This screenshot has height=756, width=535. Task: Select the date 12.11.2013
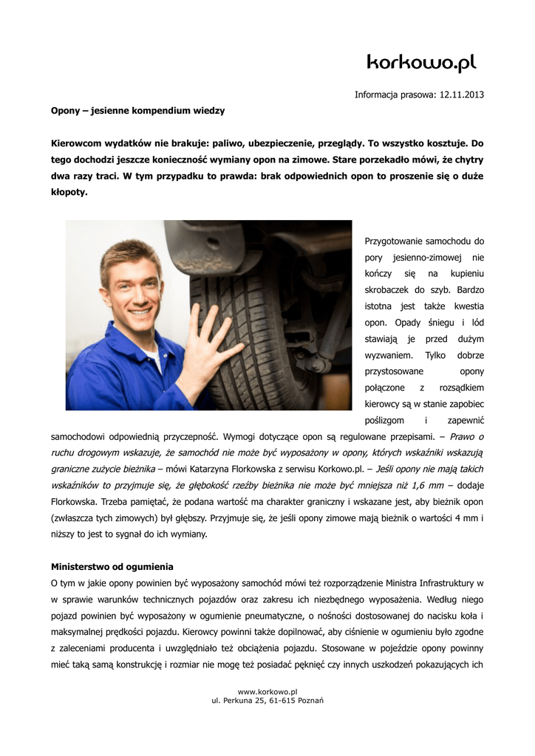(x=462, y=94)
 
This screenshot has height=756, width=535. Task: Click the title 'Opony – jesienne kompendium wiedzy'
(x=137, y=111)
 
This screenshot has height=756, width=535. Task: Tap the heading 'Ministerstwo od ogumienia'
(x=112, y=566)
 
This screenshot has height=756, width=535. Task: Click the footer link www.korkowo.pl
(x=267, y=691)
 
